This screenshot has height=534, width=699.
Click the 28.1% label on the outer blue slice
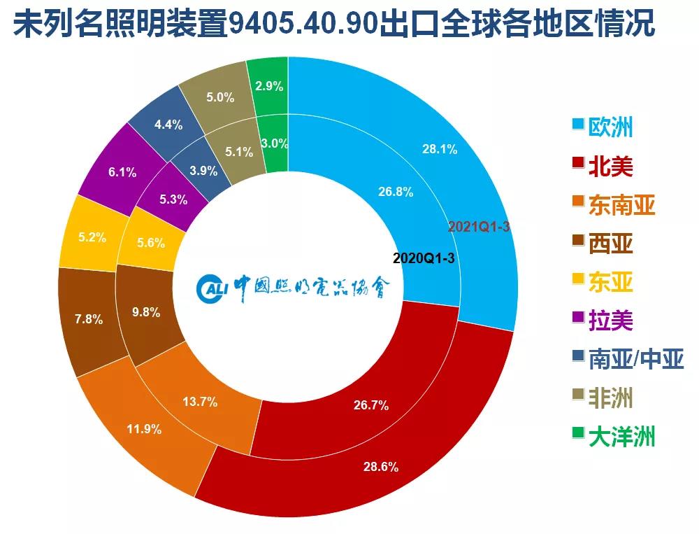[440, 148]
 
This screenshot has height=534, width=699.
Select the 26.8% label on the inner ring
[396, 192]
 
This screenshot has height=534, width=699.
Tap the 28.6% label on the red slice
[381, 467]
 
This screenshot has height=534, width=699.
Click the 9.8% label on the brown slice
[146, 313]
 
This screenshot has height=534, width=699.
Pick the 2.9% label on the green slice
[269, 87]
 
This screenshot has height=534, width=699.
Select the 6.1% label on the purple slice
[123, 172]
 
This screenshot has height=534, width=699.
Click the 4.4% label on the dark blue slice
[168, 125]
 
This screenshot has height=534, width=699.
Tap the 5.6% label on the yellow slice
[151, 243]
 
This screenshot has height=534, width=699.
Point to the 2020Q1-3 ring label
[424, 258]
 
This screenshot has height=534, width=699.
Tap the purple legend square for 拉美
[578, 319]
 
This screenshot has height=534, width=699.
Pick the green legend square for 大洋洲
[578, 435]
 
